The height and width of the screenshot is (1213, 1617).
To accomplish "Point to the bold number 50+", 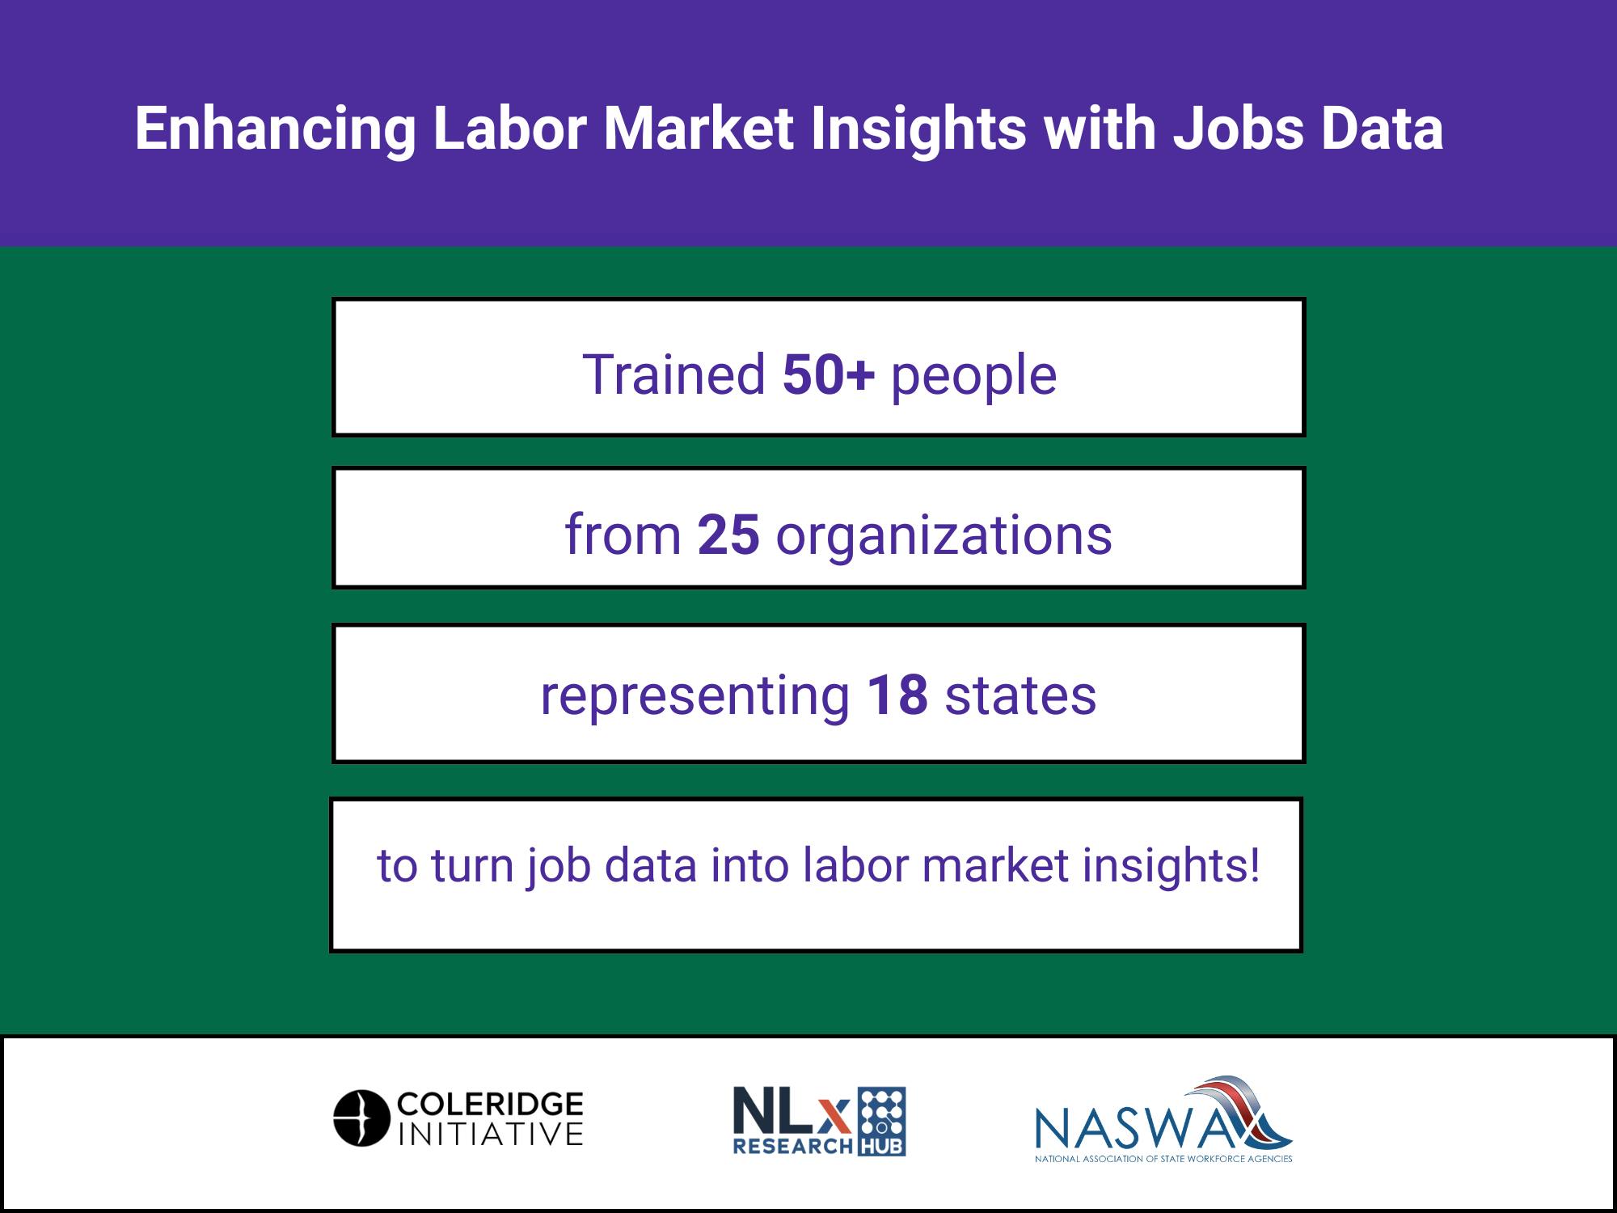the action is (x=829, y=374).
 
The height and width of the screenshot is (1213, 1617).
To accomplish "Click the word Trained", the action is (x=673, y=374).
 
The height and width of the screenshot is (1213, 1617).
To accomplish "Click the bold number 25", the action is (x=728, y=535).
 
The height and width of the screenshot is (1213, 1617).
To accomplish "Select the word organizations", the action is (x=944, y=539).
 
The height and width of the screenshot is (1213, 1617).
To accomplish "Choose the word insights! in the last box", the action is (x=1171, y=867).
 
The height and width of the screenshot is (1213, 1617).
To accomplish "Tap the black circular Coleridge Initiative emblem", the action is (x=361, y=1118).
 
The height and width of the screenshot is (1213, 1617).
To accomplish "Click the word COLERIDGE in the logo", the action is (x=490, y=1104).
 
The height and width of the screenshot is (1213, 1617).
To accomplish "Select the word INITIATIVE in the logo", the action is (x=490, y=1134).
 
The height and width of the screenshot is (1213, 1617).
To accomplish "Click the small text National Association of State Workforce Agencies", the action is (x=1163, y=1159).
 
